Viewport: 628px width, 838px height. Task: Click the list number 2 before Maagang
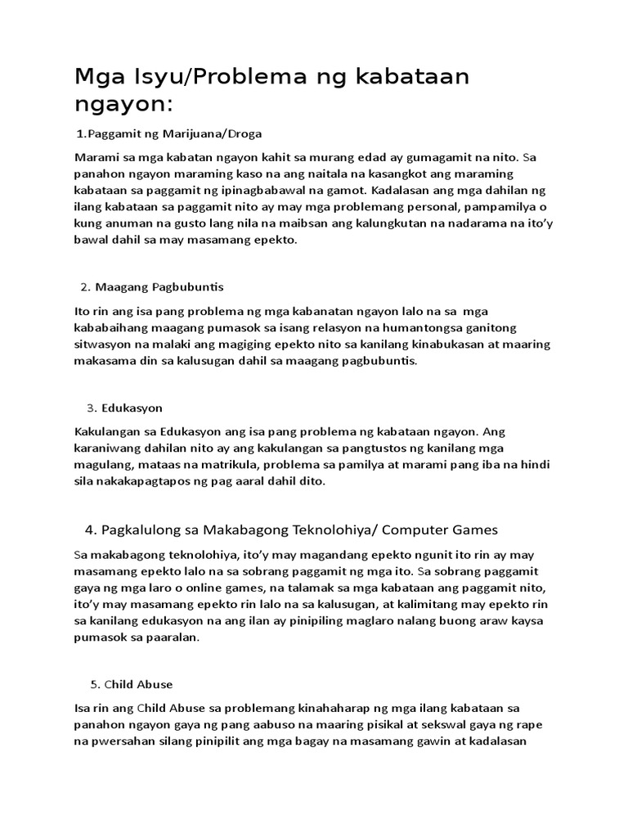[84, 287]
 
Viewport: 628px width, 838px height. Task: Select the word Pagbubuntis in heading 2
[186, 287]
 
